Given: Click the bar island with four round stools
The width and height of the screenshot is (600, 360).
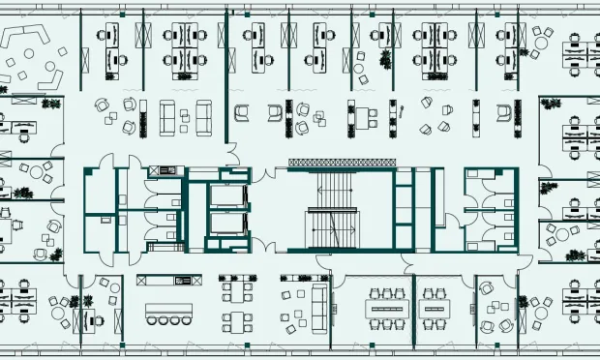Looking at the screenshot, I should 168,311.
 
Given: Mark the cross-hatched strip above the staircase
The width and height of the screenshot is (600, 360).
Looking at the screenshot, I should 340,162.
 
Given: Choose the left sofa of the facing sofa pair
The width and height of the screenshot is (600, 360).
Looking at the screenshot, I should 167,117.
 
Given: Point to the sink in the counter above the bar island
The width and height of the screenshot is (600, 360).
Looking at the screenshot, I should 180,281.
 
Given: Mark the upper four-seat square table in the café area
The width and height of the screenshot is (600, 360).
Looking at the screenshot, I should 236,288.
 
